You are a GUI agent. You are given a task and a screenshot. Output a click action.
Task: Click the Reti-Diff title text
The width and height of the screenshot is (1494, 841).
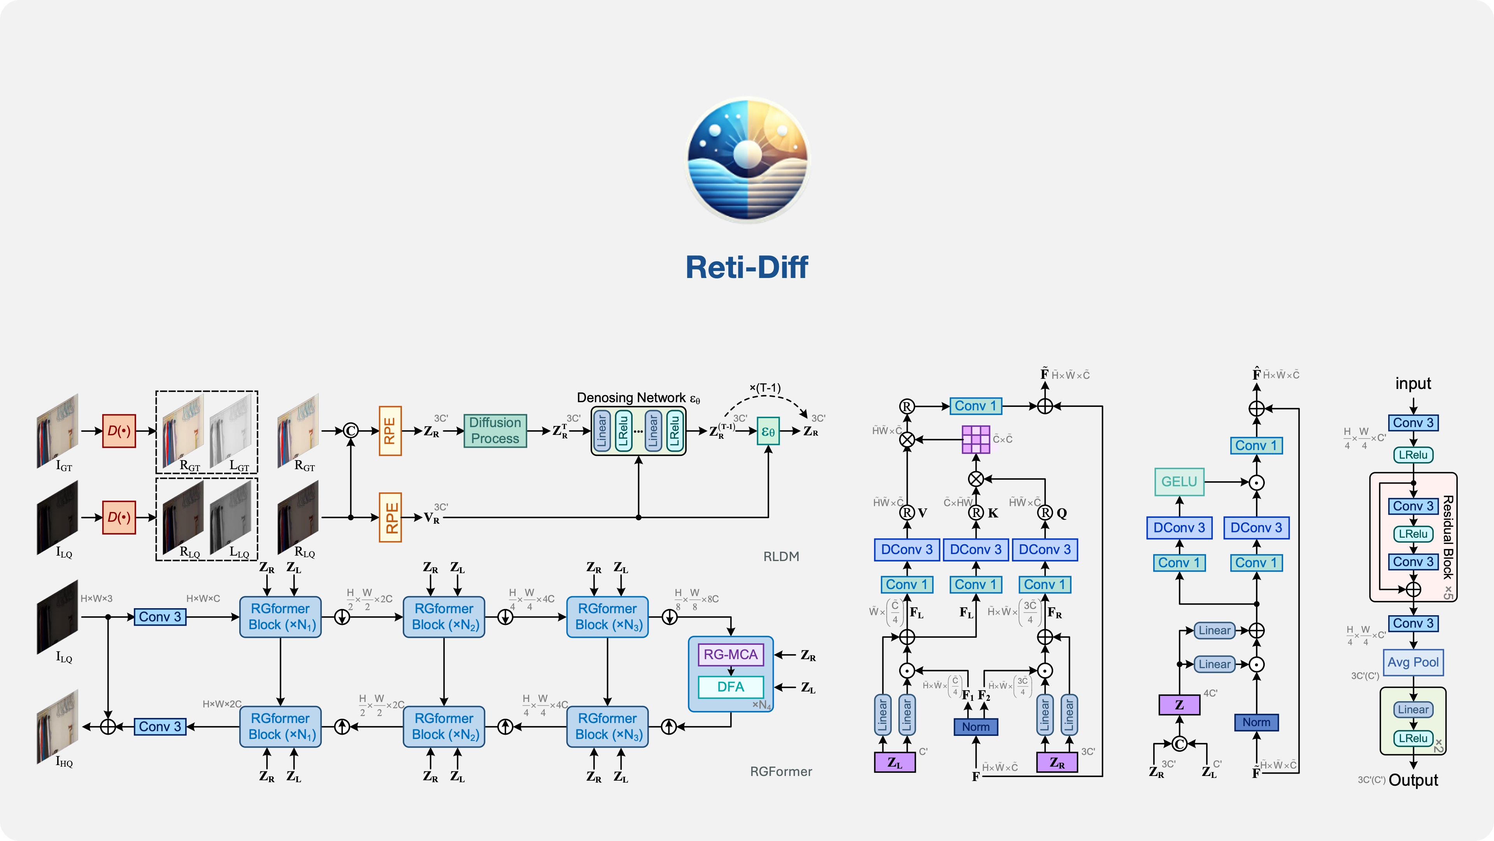pos(747,267)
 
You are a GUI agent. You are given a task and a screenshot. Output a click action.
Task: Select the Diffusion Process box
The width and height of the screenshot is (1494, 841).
pos(495,431)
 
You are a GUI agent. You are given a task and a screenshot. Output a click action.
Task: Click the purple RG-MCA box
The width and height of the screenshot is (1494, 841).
pos(730,655)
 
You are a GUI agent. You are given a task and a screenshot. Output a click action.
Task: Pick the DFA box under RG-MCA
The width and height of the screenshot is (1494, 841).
pos(730,687)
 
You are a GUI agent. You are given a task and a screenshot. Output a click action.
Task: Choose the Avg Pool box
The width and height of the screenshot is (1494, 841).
pos(1413,662)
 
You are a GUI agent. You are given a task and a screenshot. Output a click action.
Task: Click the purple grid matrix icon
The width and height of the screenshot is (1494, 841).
pos(975,439)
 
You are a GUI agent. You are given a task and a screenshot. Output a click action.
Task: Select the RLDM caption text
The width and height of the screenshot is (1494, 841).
pos(780,557)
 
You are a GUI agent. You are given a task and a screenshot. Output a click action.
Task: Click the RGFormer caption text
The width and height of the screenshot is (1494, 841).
pos(780,771)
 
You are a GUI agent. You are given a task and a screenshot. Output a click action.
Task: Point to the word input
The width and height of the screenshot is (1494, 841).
pos(1413,384)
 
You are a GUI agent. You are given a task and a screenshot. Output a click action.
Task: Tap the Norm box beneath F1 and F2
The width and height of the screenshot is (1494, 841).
pos(975,727)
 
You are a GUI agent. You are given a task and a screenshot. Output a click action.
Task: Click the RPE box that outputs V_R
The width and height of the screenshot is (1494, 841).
pos(390,517)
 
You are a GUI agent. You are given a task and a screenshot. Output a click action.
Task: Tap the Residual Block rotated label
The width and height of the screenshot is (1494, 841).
pos(1448,537)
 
